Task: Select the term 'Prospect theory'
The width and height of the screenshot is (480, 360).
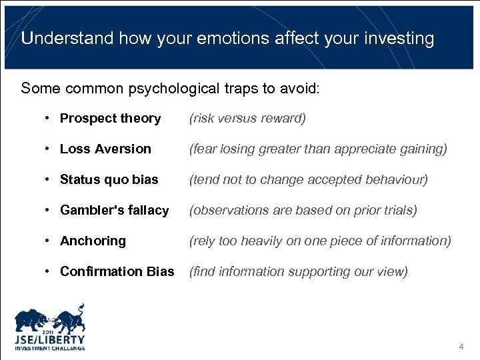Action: [110, 119]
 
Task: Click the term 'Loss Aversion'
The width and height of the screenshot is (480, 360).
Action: [105, 149]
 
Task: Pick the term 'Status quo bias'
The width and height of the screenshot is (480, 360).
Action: [109, 180]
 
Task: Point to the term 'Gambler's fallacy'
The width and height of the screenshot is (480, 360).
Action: [114, 211]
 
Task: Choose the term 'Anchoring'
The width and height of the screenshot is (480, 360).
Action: [93, 241]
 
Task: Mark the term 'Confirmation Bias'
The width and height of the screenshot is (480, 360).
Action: [117, 272]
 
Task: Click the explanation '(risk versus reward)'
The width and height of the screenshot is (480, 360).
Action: [247, 119]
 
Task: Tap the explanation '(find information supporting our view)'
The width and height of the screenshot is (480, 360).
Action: [299, 272]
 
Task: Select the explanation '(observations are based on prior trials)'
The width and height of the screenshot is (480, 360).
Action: [303, 211]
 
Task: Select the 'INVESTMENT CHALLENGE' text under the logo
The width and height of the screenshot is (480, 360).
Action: [50, 348]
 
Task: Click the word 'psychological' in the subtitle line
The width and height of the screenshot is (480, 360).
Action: [163, 88]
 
